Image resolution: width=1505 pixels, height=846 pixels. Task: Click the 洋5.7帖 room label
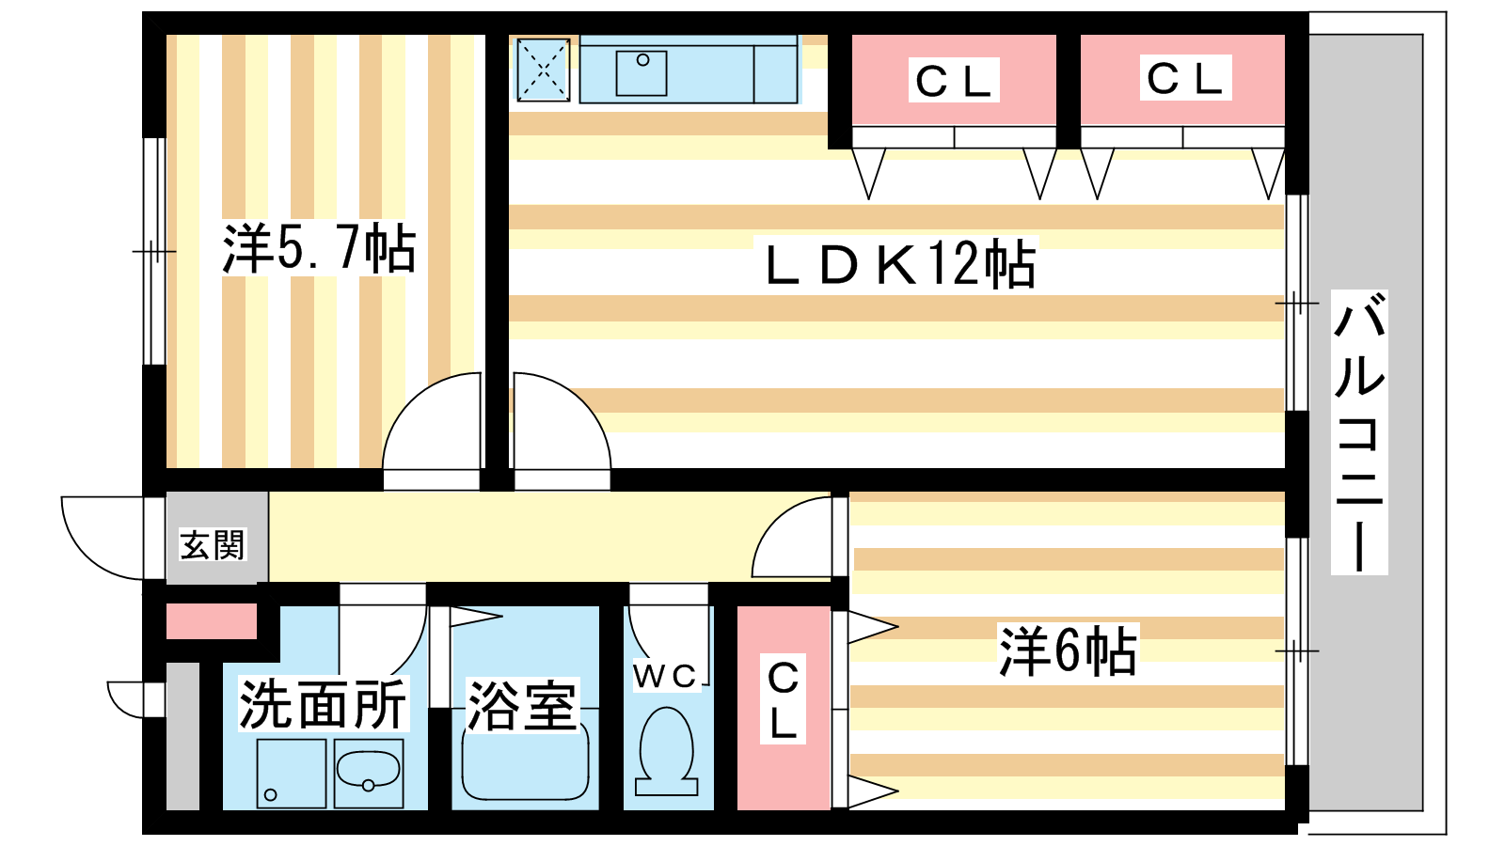(319, 248)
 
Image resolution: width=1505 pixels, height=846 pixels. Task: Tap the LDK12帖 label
(900, 264)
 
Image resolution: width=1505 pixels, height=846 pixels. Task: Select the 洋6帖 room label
(1068, 650)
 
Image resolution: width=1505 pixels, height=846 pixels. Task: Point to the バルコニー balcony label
(1359, 432)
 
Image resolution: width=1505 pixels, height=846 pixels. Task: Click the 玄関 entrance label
(213, 545)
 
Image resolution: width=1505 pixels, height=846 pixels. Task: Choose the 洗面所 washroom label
(323, 704)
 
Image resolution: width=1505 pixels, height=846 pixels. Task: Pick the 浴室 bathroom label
(521, 706)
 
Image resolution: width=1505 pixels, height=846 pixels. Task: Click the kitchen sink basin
(642, 72)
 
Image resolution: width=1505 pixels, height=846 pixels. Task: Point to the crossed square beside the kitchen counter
(543, 70)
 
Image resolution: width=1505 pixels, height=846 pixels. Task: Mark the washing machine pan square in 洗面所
(292, 773)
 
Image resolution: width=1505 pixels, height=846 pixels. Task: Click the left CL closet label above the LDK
(954, 81)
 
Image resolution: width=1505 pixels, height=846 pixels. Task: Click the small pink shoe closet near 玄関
(212, 621)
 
